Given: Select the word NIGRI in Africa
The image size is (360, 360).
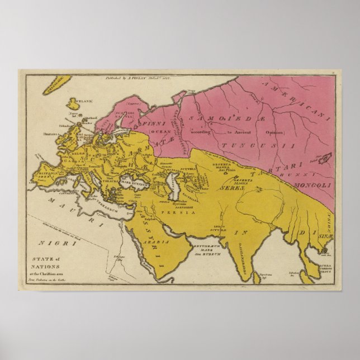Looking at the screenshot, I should tap(50, 243).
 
